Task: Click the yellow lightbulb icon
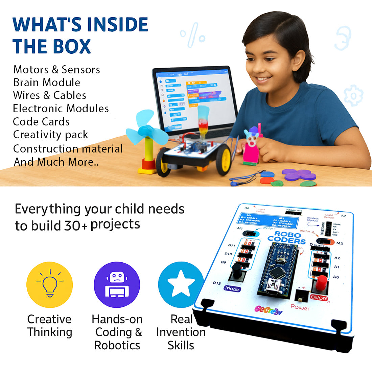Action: pyautogui.click(x=50, y=285)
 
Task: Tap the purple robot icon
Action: pyautogui.click(x=117, y=285)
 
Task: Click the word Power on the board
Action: pyautogui.click(x=300, y=307)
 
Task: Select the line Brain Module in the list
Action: pyautogui.click(x=47, y=83)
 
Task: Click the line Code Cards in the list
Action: pyautogui.click(x=41, y=122)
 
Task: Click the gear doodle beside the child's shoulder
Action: pyautogui.click(x=353, y=96)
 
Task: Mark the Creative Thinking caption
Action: pyautogui.click(x=49, y=326)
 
